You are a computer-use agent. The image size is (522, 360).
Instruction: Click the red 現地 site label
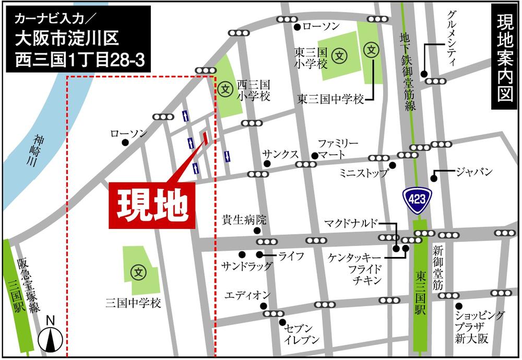coord(151,205)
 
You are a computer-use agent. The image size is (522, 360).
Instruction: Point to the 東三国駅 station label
coord(421,293)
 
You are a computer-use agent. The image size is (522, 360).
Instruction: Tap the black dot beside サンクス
coord(267,164)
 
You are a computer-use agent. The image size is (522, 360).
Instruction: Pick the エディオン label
coord(247,295)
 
